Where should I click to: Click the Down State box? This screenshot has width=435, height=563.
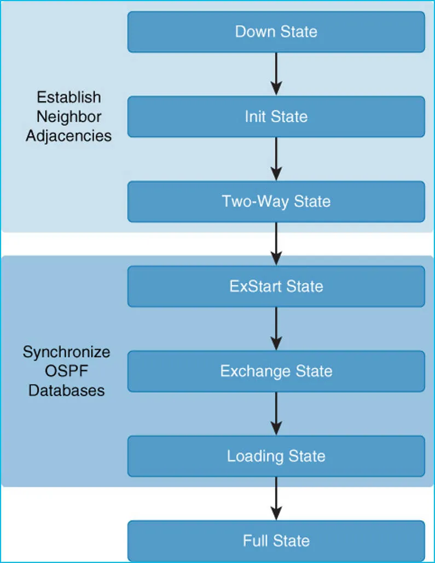(x=276, y=32)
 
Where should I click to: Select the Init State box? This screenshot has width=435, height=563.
(x=276, y=117)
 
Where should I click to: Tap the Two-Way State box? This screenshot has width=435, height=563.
(x=276, y=201)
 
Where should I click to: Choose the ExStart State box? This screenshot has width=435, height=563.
(x=276, y=286)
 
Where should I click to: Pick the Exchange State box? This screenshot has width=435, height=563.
(x=276, y=371)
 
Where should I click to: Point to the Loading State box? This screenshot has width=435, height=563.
(x=276, y=456)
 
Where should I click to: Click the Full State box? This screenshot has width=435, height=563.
(x=276, y=541)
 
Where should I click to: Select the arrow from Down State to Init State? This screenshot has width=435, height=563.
(x=276, y=74)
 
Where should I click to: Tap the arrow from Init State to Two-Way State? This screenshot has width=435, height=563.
(x=276, y=159)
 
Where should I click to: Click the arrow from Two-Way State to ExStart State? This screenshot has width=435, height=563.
(x=276, y=243)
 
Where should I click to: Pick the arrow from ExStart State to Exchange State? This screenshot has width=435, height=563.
(x=276, y=328)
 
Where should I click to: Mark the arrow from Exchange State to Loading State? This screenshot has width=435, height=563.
(x=276, y=413)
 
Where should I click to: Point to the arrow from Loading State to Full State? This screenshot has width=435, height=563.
(x=276, y=498)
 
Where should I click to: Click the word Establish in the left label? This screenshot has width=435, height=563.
(x=69, y=97)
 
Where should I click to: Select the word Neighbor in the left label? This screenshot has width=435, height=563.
(x=69, y=117)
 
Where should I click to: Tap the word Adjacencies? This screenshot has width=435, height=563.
(x=69, y=136)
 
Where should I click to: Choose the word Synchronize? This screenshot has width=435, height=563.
(x=66, y=352)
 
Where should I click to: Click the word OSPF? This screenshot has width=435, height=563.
(x=66, y=371)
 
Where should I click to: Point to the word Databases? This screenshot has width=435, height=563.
(x=66, y=390)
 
